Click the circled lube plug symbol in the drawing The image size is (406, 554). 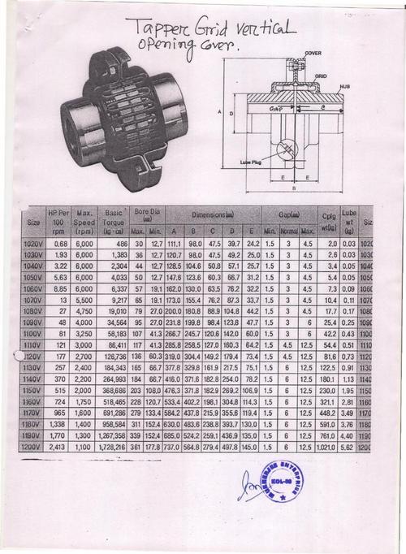pyautogui.click(x=286, y=152)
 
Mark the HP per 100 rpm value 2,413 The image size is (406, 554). pyautogui.click(x=58, y=447)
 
